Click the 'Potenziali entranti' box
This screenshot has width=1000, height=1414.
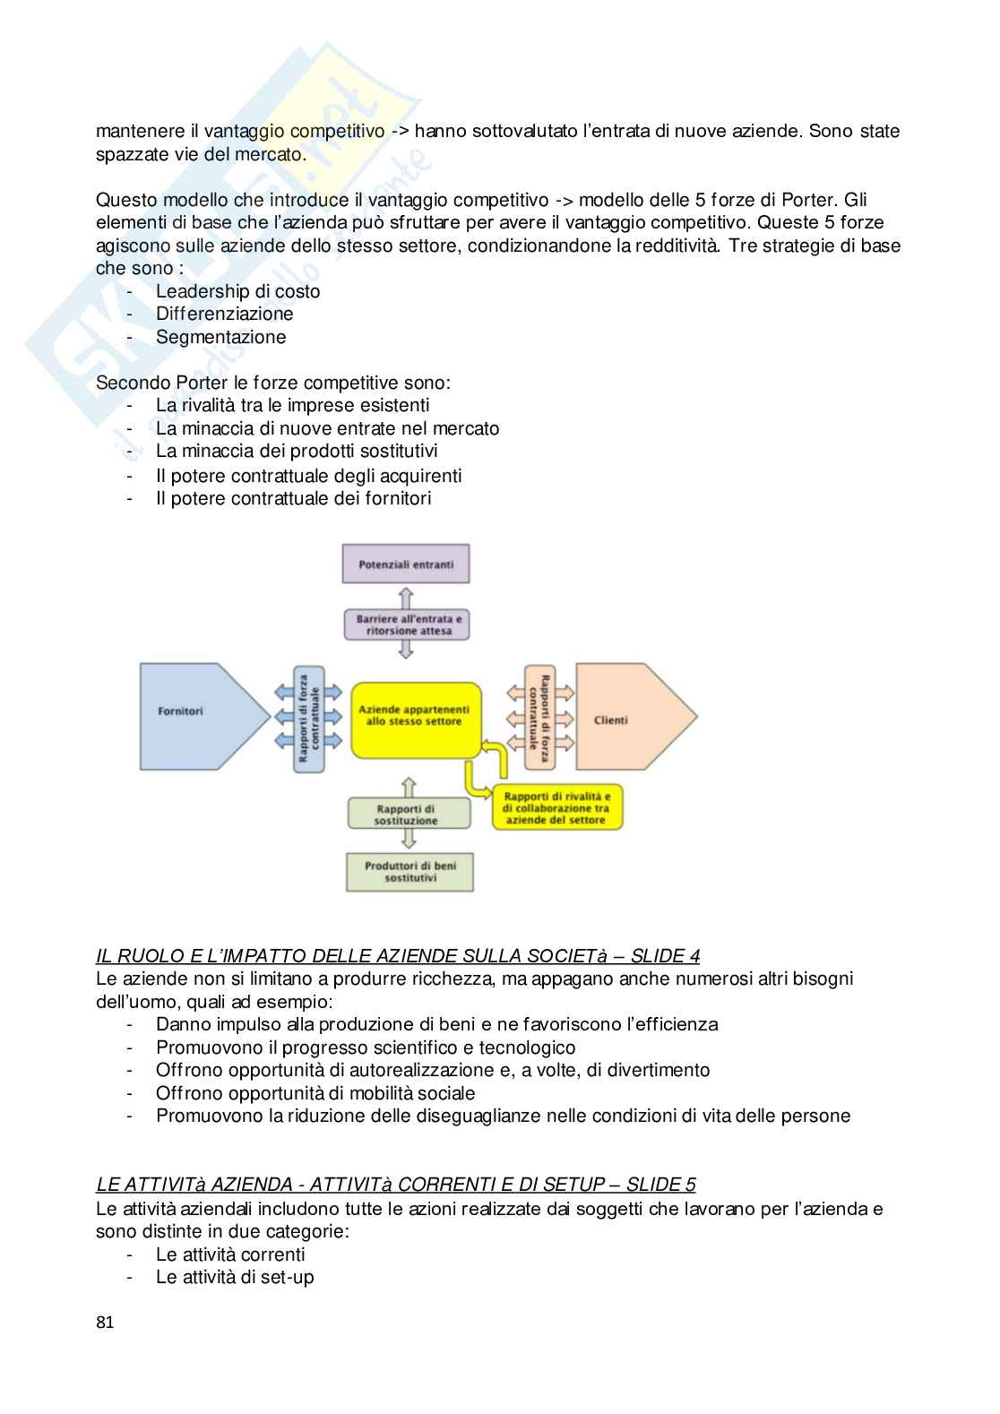coord(406,565)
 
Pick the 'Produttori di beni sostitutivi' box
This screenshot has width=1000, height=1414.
coord(409,872)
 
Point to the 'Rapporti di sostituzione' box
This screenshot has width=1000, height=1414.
coord(408,815)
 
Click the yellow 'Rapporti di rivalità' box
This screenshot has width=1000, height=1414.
coord(556,807)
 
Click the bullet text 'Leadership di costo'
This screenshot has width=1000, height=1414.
coord(237,291)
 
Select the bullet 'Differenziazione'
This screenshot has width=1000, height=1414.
coord(224,314)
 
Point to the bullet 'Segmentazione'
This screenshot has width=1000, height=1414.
coord(220,337)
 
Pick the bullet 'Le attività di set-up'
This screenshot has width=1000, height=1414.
coord(235,1277)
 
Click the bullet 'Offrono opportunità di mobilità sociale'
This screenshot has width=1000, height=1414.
coord(315,1093)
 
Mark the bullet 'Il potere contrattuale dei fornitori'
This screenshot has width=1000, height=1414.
coord(293,498)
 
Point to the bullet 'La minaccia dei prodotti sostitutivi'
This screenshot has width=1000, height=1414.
coord(297,451)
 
